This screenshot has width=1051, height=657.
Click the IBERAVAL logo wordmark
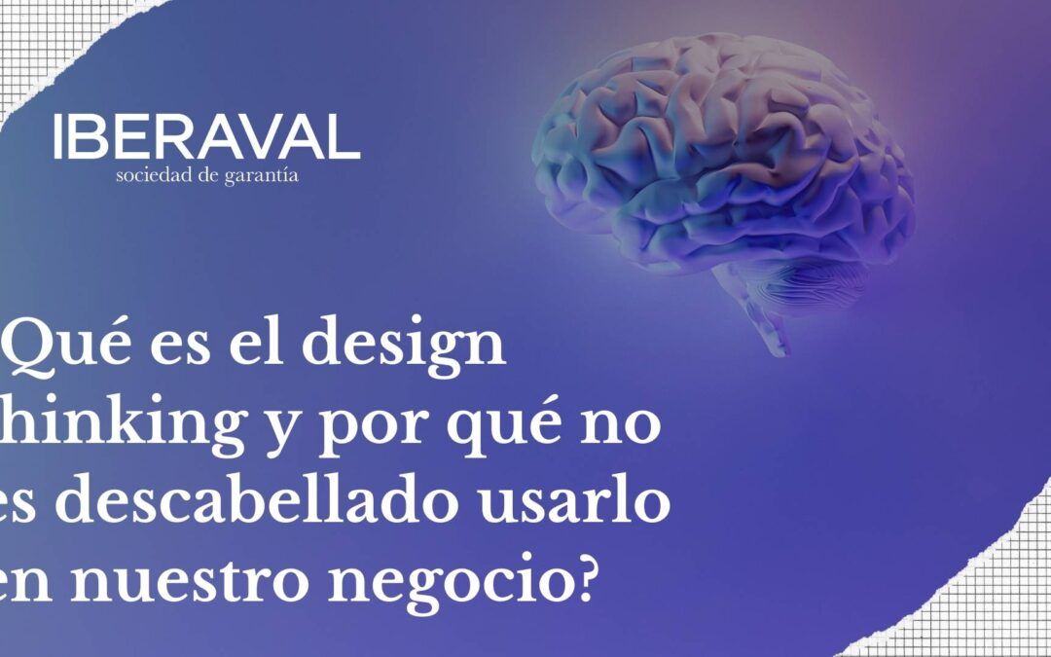(x=206, y=137)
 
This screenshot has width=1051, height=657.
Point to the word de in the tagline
(x=207, y=176)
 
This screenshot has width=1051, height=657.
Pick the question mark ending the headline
(x=610, y=580)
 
